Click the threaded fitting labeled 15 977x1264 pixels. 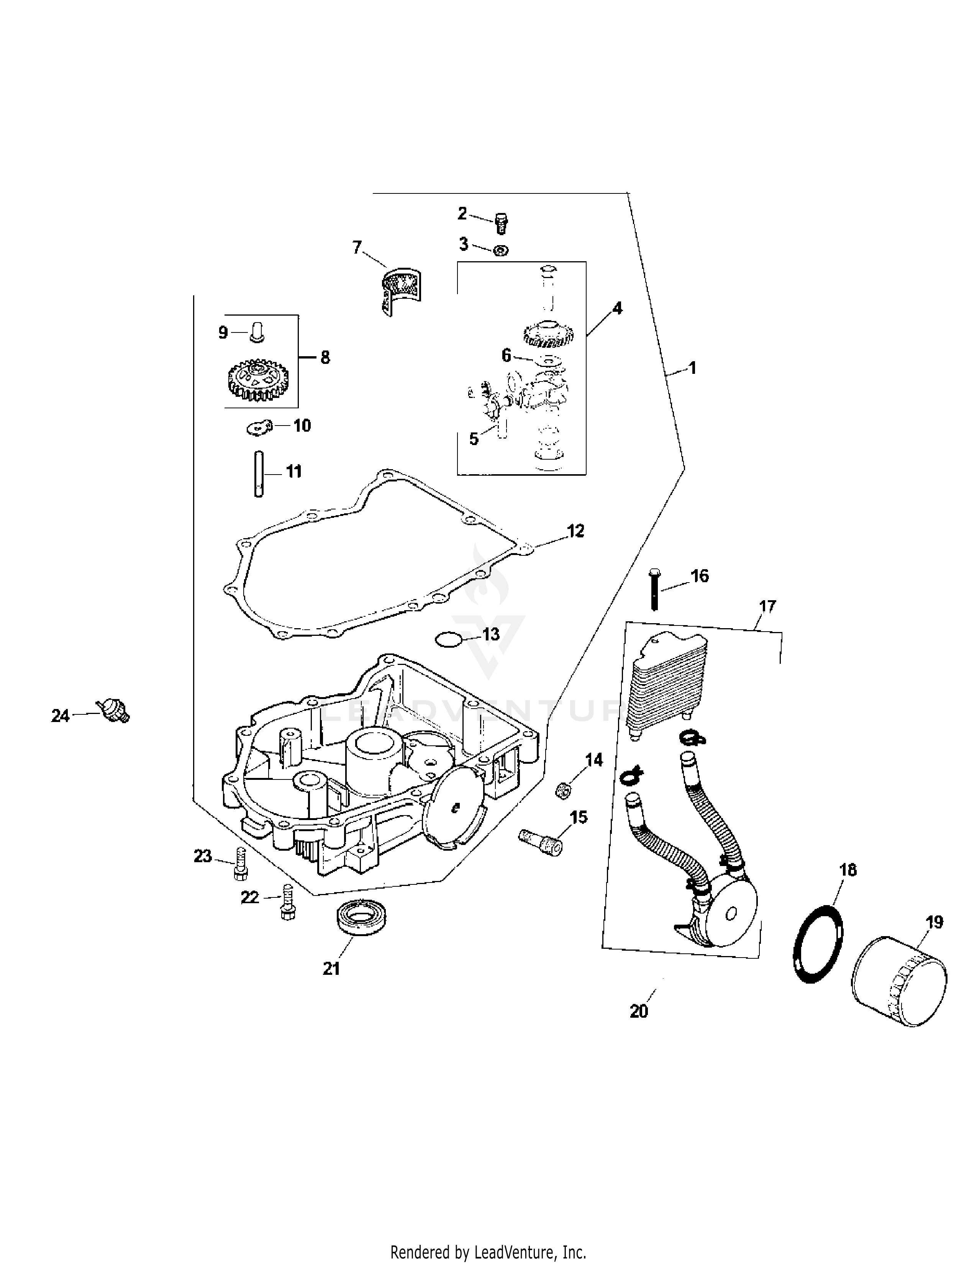click(x=541, y=841)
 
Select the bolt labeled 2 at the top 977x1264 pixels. click(x=501, y=223)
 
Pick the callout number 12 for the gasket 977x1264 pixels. click(x=575, y=531)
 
